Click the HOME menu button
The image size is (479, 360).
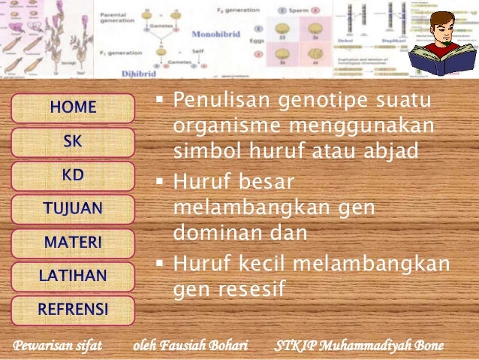pos(73,108)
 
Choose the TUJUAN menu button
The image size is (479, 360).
pos(73,209)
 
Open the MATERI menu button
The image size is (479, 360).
pos(73,243)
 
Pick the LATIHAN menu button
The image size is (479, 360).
pos(73,276)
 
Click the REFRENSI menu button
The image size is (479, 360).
pos(73,309)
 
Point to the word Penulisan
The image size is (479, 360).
pos(218,100)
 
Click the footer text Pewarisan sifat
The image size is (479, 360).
pos(57,346)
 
